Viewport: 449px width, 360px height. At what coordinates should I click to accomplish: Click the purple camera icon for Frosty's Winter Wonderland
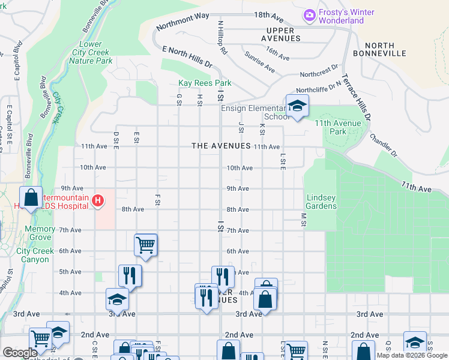tap(310, 14)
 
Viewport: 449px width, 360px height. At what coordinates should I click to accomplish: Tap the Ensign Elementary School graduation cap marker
tap(296, 107)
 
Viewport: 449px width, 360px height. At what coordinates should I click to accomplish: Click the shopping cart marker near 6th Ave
tap(145, 244)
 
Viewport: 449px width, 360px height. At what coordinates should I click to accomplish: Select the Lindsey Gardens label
tap(321, 202)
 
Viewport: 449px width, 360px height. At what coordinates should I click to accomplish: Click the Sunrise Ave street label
tap(259, 62)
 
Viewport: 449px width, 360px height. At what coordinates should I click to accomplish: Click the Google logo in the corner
tap(20, 353)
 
